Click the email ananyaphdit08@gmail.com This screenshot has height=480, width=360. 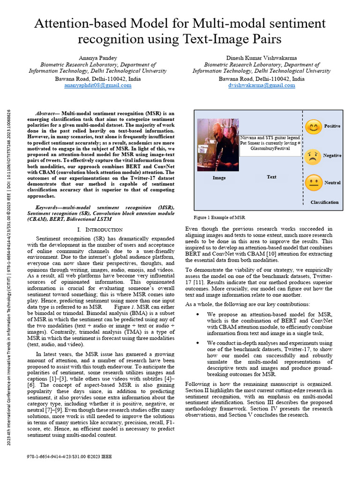click(97, 86)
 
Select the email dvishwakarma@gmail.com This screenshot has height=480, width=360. click(262, 86)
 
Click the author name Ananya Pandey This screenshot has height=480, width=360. click(97, 58)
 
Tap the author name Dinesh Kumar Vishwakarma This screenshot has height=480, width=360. click(262, 58)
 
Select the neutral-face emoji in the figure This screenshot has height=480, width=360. click(314, 183)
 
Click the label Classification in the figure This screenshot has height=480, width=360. click(324, 202)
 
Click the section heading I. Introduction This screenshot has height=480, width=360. click(100, 230)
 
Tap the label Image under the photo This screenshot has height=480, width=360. click(219, 178)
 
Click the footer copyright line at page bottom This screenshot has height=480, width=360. click(69, 455)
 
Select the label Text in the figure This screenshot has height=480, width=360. click(272, 177)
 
